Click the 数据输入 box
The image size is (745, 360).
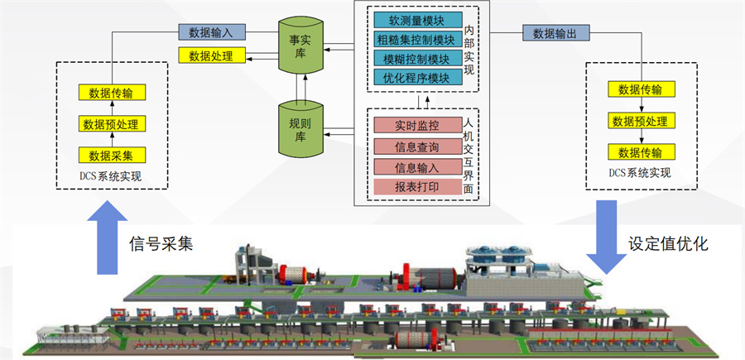pyautogui.click(x=211, y=33)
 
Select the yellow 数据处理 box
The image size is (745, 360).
pyautogui.click(x=211, y=56)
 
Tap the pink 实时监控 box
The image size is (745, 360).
pyautogui.click(x=416, y=126)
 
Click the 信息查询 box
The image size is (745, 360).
pyautogui.click(x=416, y=146)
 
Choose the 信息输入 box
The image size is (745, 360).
pyautogui.click(x=416, y=167)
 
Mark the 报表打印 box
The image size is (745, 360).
pyautogui.click(x=416, y=187)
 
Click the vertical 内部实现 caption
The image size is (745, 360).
pyautogui.click(x=469, y=50)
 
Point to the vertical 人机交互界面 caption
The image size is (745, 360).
pyautogui.click(x=469, y=156)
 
